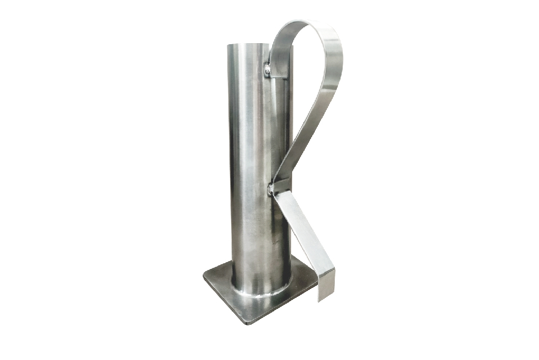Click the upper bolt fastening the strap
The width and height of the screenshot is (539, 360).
267,69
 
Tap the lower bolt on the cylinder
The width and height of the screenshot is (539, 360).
271,187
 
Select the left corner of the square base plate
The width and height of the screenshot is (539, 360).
205,274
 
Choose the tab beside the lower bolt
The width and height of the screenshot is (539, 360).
282,185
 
